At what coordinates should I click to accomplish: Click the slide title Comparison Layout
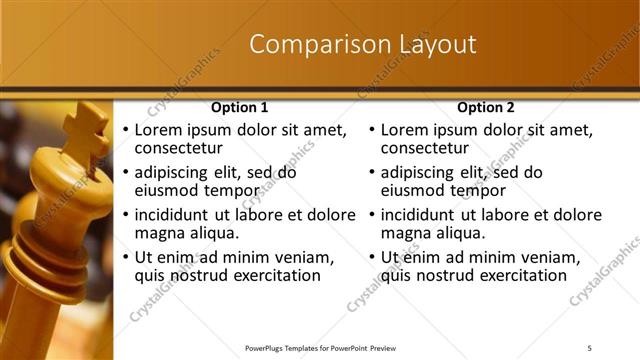click(362, 45)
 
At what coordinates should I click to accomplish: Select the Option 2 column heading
click(486, 107)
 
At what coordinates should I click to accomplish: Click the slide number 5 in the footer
click(589, 347)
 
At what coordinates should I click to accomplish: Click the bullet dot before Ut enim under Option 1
click(125, 257)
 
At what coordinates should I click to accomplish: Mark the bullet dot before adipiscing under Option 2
click(371, 173)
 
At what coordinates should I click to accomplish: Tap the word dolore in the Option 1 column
click(328, 214)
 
